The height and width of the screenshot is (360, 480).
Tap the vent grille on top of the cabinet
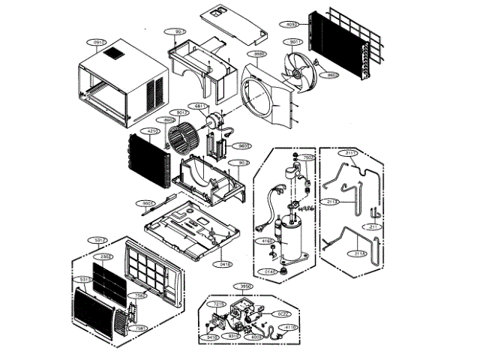click(x=115, y=55)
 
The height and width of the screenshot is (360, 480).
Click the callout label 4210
click(x=152, y=130)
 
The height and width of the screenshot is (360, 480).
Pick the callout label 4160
click(x=267, y=241)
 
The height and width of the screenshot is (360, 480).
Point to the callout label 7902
click(x=307, y=158)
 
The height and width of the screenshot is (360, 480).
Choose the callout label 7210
click(x=219, y=304)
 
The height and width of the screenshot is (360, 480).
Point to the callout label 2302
click(x=108, y=257)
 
